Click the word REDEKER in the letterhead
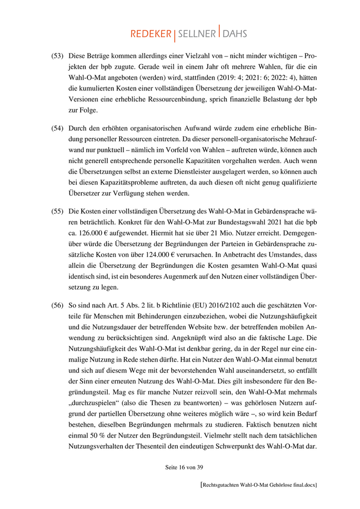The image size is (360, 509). (151, 34)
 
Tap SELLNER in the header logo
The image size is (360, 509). (197, 34)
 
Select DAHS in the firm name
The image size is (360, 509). (235, 34)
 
